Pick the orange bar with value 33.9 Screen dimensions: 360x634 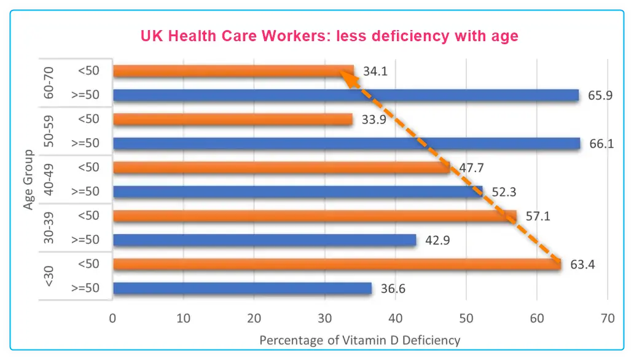tap(233, 119)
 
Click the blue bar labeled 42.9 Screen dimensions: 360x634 tap(264, 240)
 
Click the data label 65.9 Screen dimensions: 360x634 tap(598, 95)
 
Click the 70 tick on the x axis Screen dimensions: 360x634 tap(608, 318)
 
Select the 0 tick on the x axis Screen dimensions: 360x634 tap(113, 318)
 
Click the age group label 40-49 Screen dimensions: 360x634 tap(49, 179)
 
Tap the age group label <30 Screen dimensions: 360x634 tap(49, 276)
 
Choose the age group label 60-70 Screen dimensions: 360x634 tap(49, 83)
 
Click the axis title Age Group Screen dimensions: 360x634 tap(28, 178)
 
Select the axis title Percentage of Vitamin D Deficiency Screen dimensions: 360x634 tap(360, 340)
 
